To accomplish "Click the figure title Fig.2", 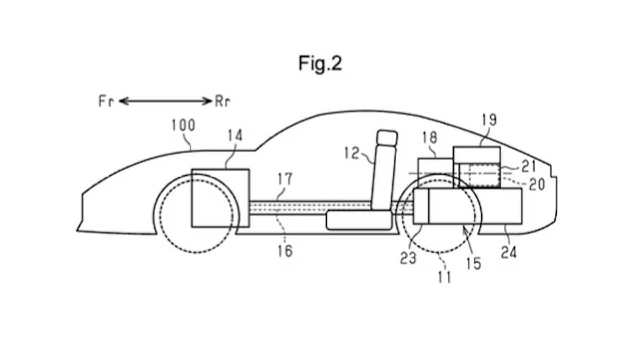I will tap(320, 63).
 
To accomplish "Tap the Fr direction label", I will tap(106, 101).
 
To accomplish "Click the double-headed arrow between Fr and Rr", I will tap(165, 101).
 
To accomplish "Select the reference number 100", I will tap(183, 126).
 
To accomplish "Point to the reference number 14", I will tap(235, 136).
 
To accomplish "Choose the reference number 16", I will tap(285, 251).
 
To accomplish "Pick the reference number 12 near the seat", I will tap(352, 153).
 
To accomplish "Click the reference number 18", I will tap(430, 138).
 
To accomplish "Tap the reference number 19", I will tap(489, 120).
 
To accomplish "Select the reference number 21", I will tap(528, 167).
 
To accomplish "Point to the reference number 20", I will tap(537, 184).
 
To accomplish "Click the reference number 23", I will tap(408, 258).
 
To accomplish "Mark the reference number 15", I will tap(474, 263).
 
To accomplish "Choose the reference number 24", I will tap(509, 253).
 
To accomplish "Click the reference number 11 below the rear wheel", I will tap(444, 277).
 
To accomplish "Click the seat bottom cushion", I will tap(359, 220).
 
